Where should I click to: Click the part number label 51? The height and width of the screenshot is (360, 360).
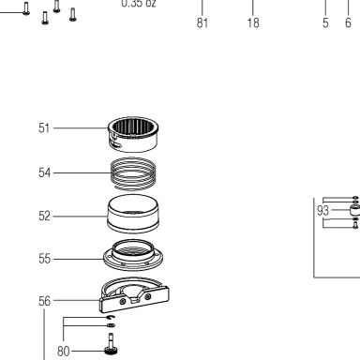tap(44, 128)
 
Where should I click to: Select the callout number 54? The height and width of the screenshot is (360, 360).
tap(44, 172)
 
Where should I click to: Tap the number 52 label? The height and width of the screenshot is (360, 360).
tap(44, 216)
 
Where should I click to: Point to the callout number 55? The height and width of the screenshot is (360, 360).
tap(44, 259)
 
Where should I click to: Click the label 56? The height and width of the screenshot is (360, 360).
tap(44, 301)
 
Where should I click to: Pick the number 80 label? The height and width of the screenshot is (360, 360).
tap(64, 352)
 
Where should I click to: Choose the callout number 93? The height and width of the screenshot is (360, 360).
tap(323, 211)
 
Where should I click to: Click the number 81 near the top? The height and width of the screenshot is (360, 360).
tap(202, 22)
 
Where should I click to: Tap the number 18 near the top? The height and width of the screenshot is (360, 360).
tap(253, 22)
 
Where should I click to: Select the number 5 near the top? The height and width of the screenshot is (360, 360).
tap(325, 22)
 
